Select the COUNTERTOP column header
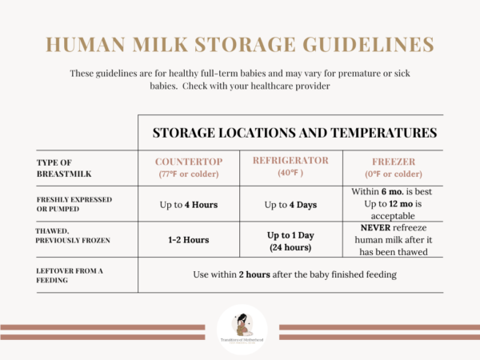pyautogui.click(x=187, y=159)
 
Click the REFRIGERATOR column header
pyautogui.click(x=290, y=159)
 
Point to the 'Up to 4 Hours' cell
pyautogui.click(x=189, y=204)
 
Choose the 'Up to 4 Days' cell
pyautogui.click(x=290, y=204)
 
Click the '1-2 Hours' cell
pyautogui.click(x=189, y=238)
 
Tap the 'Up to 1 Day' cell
pyautogui.click(x=290, y=234)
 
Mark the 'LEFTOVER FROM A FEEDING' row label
pyautogui.click(x=71, y=274)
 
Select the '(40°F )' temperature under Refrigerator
pyautogui.click(x=290, y=172)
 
